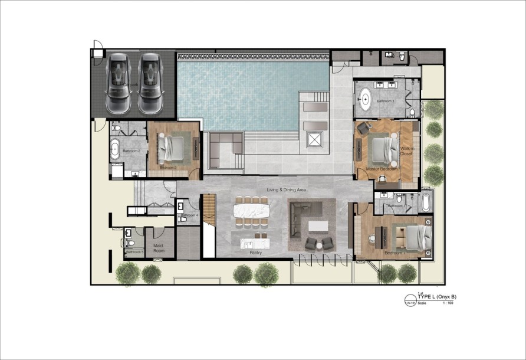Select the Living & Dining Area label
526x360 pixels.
(287, 189)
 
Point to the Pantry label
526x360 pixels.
(255, 253)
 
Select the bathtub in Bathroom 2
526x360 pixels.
(114, 149)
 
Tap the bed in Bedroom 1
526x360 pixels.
(416, 238)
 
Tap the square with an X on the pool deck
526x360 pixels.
(314, 140)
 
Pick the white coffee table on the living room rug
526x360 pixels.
(317, 225)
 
